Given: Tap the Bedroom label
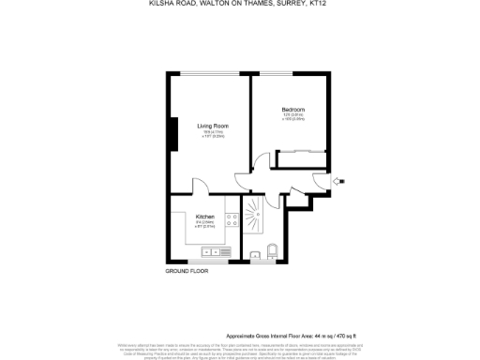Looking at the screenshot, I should point(293,110).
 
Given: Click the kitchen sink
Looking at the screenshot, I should point(217,251).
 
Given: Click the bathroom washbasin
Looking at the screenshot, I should point(254,253).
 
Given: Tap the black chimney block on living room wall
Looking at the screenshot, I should point(172,133).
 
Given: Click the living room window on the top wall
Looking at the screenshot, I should point(211,74).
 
